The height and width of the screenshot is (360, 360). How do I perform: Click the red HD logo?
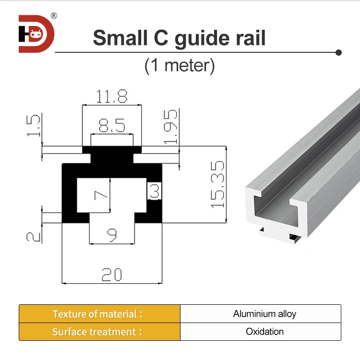pyautogui.click(x=36, y=34)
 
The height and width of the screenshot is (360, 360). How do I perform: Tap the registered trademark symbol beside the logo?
pyautogui.click(x=54, y=16)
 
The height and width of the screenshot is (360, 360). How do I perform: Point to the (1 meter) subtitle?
pyautogui.click(x=180, y=65)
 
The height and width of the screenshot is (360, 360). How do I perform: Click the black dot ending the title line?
pyautogui.click(x=338, y=52)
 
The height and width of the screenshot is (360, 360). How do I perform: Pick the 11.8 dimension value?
pyautogui.click(x=111, y=97)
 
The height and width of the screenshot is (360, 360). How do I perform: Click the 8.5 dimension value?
pyautogui.click(x=111, y=127)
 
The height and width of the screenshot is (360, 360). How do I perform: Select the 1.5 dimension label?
pyautogui.click(x=34, y=125)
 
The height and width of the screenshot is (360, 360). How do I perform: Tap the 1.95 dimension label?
pyautogui.click(x=170, y=126)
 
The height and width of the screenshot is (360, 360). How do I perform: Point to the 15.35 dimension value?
pyautogui.click(x=217, y=184)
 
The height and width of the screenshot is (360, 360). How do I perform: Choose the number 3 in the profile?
pyautogui.click(x=155, y=191)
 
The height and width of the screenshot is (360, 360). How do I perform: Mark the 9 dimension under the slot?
pyautogui.click(x=111, y=235)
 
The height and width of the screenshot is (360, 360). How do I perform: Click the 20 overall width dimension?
pyautogui.click(x=111, y=275)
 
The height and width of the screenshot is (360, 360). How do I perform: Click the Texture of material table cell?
pyautogui.click(x=99, y=314)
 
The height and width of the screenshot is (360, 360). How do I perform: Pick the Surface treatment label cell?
pyautogui.click(x=99, y=332)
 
